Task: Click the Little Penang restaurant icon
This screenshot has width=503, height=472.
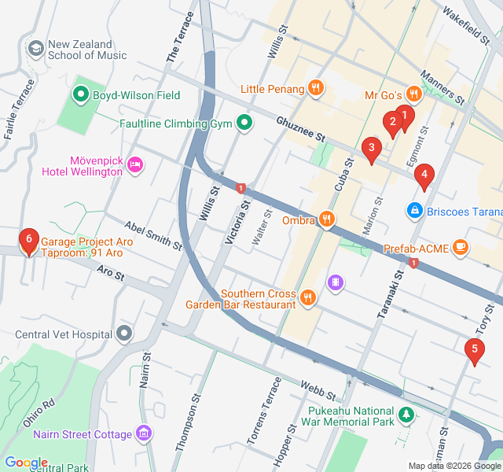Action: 315,88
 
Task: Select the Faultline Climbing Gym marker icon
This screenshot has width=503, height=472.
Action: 245,124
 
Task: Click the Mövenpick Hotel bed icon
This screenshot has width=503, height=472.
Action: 134,165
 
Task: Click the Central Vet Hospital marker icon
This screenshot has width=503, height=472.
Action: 124,334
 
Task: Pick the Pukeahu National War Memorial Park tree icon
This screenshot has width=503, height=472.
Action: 406,414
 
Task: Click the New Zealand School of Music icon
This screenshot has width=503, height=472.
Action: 35,49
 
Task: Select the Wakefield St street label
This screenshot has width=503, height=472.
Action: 465,24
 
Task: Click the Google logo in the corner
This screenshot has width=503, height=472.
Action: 26,463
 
